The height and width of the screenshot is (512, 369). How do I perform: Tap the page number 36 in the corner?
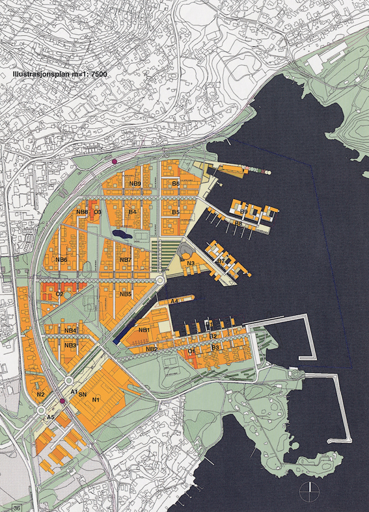[17, 506]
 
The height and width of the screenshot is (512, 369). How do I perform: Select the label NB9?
[135, 184]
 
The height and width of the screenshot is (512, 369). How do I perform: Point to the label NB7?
[126, 260]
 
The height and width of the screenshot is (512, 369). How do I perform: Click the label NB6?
[62, 260]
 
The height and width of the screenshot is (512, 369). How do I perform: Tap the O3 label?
[98, 212]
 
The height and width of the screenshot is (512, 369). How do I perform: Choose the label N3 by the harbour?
[191, 263]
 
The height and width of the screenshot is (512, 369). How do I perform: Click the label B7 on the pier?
[221, 261]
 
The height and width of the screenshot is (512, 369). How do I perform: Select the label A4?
[174, 302]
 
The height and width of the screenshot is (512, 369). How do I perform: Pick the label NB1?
[144, 330]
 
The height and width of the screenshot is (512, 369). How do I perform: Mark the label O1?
[191, 352]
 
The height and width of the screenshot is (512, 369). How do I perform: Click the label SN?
[83, 394]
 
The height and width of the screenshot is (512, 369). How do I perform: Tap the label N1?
[96, 399]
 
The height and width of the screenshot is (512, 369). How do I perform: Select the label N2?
[40, 394]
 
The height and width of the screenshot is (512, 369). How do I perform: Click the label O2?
[59, 294]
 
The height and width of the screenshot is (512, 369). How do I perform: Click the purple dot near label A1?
[63, 402]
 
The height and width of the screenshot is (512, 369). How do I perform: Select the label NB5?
[126, 294]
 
